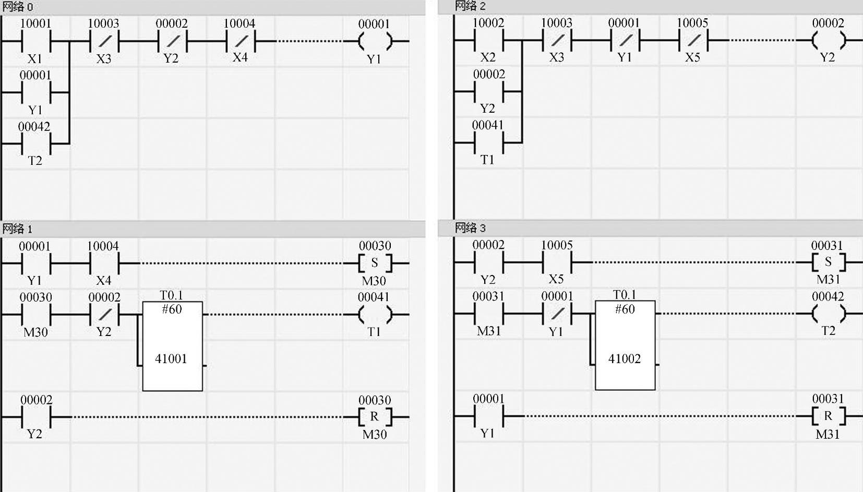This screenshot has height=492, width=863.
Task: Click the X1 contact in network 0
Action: click(x=35, y=41)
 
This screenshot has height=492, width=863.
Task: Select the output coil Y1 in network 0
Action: click(x=374, y=41)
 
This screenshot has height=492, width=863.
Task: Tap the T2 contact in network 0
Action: click(x=35, y=143)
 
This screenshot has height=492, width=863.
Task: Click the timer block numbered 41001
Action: click(x=172, y=346)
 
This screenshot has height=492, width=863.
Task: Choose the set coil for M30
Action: click(x=374, y=263)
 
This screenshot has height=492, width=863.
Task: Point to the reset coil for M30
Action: click(x=374, y=417)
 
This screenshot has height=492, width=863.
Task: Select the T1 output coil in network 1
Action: click(x=374, y=315)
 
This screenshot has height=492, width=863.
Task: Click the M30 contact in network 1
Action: click(x=35, y=315)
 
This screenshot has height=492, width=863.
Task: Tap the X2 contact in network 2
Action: click(x=488, y=40)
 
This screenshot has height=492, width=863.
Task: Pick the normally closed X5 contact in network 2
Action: click(x=692, y=40)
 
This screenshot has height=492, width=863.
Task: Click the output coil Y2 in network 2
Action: click(x=828, y=40)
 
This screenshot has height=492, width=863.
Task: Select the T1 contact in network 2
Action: click(x=488, y=142)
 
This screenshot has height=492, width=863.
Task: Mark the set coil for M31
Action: click(x=828, y=262)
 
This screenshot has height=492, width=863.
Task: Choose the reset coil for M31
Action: click(x=828, y=416)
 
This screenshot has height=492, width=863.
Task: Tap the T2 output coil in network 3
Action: click(x=828, y=314)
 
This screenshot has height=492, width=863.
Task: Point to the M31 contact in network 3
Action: click(x=488, y=314)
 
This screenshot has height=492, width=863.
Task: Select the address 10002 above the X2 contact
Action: click(x=488, y=23)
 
